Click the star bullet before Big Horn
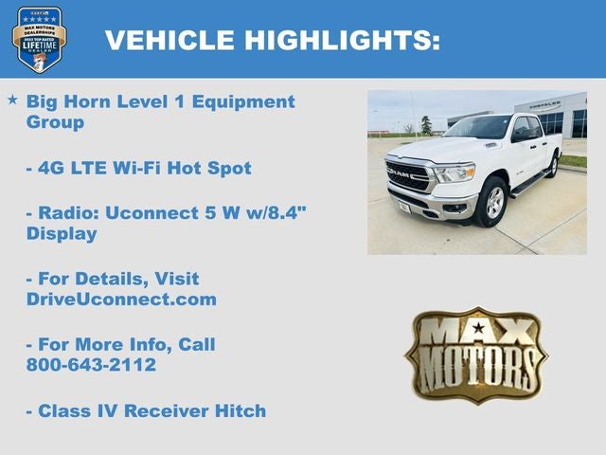click(12, 100)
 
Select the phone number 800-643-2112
click(91, 365)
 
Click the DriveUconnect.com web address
click(121, 300)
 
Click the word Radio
click(67, 213)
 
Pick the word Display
click(62, 233)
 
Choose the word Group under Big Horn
click(55, 122)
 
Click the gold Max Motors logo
click(475, 355)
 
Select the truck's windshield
click(479, 128)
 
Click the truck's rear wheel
click(552, 166)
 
